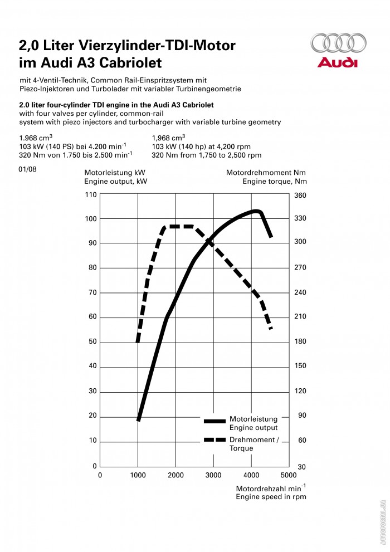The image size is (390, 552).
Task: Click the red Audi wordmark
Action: tap(338, 62)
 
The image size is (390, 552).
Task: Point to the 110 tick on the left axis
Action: tap(91, 194)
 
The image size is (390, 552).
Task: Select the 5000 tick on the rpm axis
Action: tap(288, 475)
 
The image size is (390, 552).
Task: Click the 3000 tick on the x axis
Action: tap(213, 475)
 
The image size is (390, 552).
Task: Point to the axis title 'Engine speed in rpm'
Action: tap(271, 497)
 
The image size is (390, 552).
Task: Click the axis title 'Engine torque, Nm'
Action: tap(274, 181)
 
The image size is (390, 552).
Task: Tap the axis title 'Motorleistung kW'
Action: tap(114, 173)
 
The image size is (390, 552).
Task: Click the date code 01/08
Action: tap(28, 169)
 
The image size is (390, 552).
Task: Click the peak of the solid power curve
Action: tap(256, 211)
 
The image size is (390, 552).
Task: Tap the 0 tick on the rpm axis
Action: tap(100, 475)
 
